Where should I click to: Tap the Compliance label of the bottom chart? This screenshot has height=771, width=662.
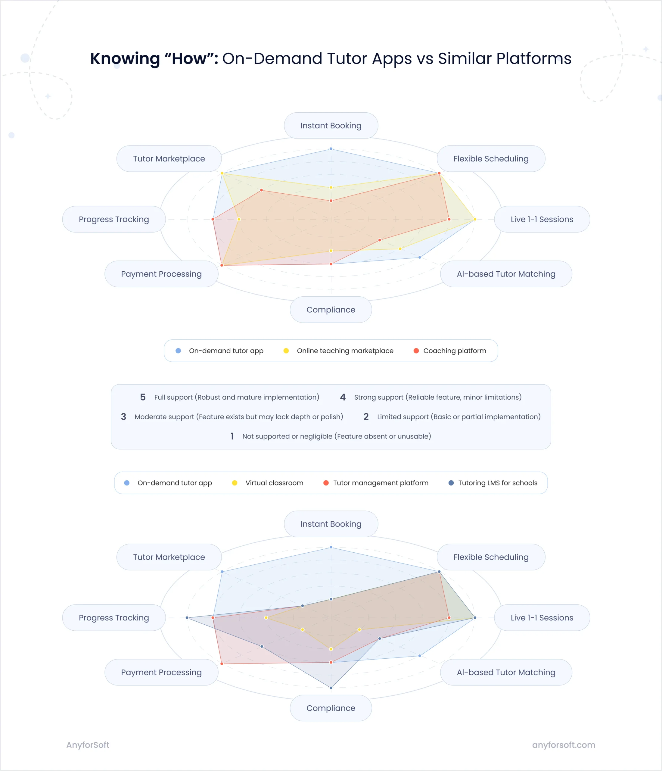click(x=331, y=708)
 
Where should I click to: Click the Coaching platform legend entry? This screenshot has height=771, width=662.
click(x=454, y=351)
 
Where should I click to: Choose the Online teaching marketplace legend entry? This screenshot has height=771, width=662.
click(x=344, y=351)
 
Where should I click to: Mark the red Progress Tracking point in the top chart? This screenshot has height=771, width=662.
click(x=213, y=219)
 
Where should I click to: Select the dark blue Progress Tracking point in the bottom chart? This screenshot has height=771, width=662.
click(x=187, y=618)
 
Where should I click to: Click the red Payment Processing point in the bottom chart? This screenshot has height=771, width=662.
click(x=222, y=663)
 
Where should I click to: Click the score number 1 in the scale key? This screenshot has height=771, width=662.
click(x=232, y=436)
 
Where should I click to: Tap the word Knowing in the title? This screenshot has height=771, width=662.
click(x=125, y=58)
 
